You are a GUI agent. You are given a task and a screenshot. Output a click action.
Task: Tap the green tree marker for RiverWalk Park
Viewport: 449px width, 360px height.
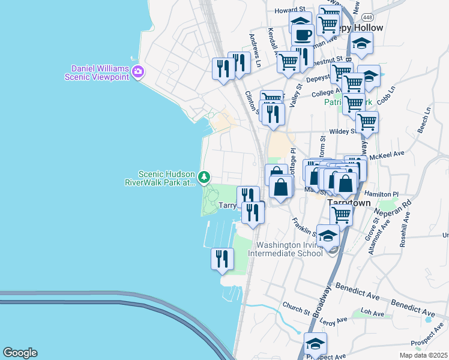(x=205, y=176)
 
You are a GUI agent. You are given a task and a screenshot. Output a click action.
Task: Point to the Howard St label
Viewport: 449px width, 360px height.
(x=290, y=11)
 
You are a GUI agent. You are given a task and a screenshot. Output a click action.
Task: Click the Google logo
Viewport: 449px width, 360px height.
(x=20, y=353)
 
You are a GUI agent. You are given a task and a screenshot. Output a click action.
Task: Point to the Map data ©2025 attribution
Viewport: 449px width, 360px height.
(x=424, y=355)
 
